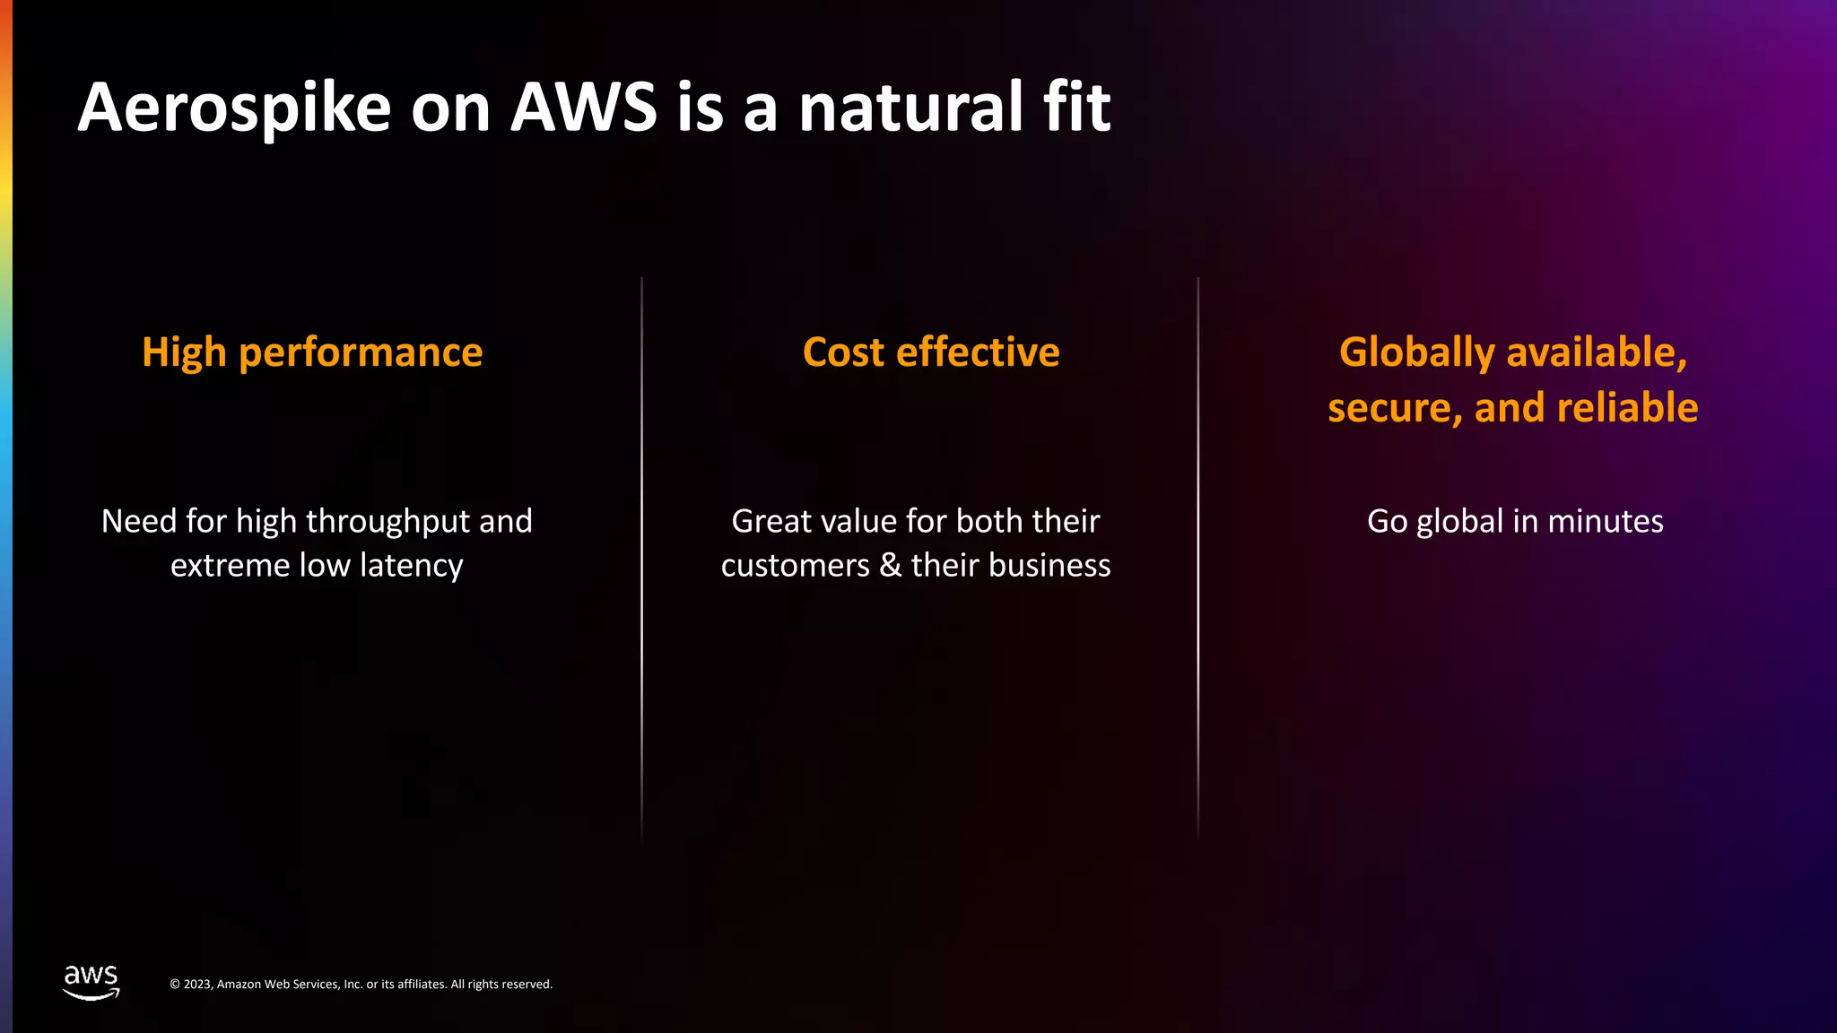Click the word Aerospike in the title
point(234,109)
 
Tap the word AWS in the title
point(584,108)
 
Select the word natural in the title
point(910,108)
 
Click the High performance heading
point(312,352)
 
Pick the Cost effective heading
point(931,352)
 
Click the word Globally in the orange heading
point(1416,352)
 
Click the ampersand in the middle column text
point(890,566)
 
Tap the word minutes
point(1606,521)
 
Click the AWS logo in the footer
point(91,982)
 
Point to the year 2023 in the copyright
point(197,985)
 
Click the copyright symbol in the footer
point(175,985)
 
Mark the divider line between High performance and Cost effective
point(641,556)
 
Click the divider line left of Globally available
point(1197,556)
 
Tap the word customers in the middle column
point(795,566)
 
